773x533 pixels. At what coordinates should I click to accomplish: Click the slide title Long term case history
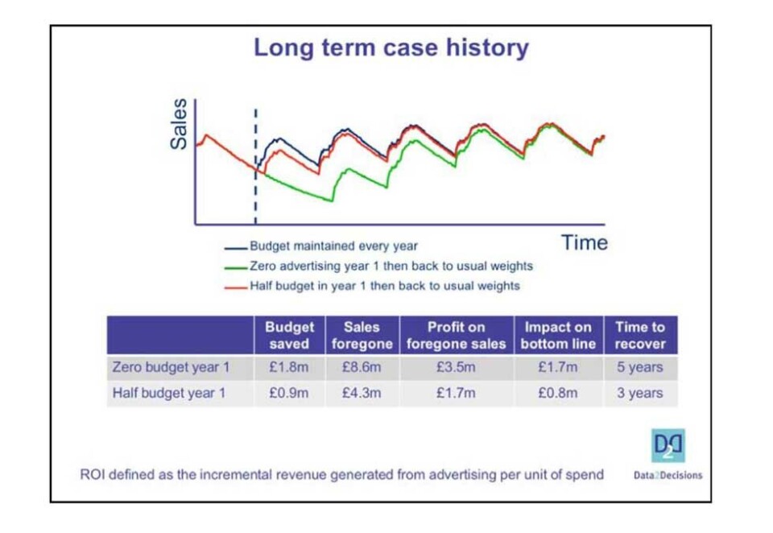pos(391,48)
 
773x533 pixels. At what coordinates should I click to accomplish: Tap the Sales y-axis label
pos(179,124)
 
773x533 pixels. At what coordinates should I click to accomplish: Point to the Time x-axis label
pos(585,242)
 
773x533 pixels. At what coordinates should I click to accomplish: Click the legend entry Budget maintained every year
pos(333,246)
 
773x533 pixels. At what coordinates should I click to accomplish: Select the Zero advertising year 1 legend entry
pos(391,266)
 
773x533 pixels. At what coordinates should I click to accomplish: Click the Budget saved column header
pos(290,335)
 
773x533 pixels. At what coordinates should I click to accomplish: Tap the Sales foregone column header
pos(362,335)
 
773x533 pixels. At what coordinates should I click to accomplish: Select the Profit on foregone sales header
pos(456,335)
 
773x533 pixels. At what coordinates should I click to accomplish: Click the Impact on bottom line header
pos(558,335)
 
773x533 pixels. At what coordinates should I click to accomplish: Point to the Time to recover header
pos(640,335)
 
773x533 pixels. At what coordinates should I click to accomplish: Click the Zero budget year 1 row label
pos(170,368)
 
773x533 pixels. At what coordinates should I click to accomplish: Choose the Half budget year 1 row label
pos(170,393)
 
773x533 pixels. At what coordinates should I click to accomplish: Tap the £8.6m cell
pos(362,368)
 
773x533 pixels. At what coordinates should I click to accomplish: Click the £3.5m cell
pos(456,368)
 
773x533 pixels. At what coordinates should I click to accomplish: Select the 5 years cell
pos(640,368)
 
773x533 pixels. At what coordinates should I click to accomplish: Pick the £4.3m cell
pos(362,393)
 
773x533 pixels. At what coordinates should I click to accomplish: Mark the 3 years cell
pos(640,393)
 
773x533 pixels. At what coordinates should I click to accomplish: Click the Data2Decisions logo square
pos(668,445)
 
